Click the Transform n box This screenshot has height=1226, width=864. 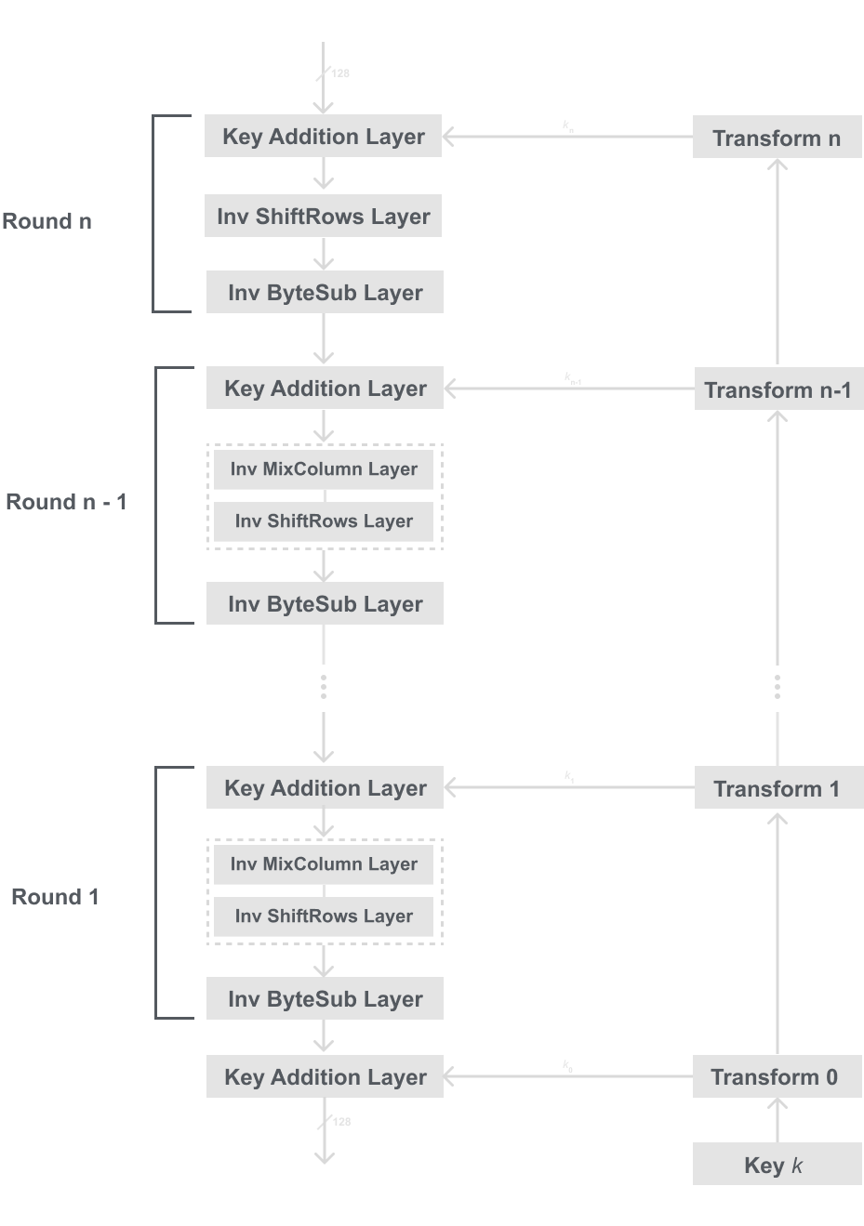pyautogui.click(x=777, y=138)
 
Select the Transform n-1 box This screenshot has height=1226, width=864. pyautogui.click(x=778, y=389)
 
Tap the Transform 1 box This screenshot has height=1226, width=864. pyautogui.click(x=778, y=789)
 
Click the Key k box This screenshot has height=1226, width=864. pyautogui.click(x=778, y=1165)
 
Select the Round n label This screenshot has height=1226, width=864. pyautogui.click(x=47, y=221)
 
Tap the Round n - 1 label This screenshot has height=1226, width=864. pyautogui.click(x=66, y=502)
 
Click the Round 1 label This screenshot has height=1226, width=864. pyautogui.click(x=55, y=897)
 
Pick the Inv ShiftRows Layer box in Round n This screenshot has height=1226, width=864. pyautogui.click(x=324, y=217)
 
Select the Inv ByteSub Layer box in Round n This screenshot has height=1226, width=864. pyautogui.click(x=325, y=293)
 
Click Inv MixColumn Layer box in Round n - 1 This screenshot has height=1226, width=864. pyautogui.click(x=324, y=469)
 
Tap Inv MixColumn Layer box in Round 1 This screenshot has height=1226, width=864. pyautogui.click(x=324, y=864)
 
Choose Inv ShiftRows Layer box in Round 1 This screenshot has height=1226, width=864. pyautogui.click(x=324, y=916)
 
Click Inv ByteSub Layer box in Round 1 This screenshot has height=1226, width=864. pyautogui.click(x=325, y=999)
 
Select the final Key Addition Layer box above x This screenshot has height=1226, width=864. pyautogui.click(x=325, y=1077)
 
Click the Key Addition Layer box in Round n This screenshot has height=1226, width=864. pyautogui.click(x=324, y=137)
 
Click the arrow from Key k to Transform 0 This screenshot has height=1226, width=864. pyautogui.click(x=778, y=1121)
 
